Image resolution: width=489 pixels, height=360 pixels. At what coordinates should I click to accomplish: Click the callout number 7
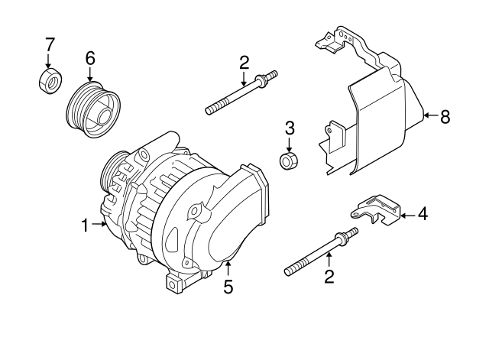click(50, 44)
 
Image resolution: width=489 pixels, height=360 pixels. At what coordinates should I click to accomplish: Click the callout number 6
click(89, 57)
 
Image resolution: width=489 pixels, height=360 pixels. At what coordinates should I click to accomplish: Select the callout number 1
click(86, 225)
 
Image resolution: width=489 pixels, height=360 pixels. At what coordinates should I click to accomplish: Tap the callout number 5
click(228, 287)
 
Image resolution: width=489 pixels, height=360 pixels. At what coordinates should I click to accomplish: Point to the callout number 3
click(290, 127)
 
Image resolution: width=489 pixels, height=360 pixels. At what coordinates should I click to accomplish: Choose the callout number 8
click(445, 117)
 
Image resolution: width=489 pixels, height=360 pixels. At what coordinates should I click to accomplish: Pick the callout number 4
click(422, 215)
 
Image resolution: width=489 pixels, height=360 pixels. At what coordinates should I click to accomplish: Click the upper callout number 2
click(244, 61)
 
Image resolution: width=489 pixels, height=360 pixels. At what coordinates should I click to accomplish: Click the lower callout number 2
click(329, 276)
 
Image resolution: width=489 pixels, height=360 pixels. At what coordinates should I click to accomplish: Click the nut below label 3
click(289, 161)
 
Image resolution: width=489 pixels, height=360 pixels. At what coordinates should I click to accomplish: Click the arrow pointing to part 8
click(430, 117)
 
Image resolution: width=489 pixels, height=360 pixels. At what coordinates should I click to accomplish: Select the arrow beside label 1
click(100, 225)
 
